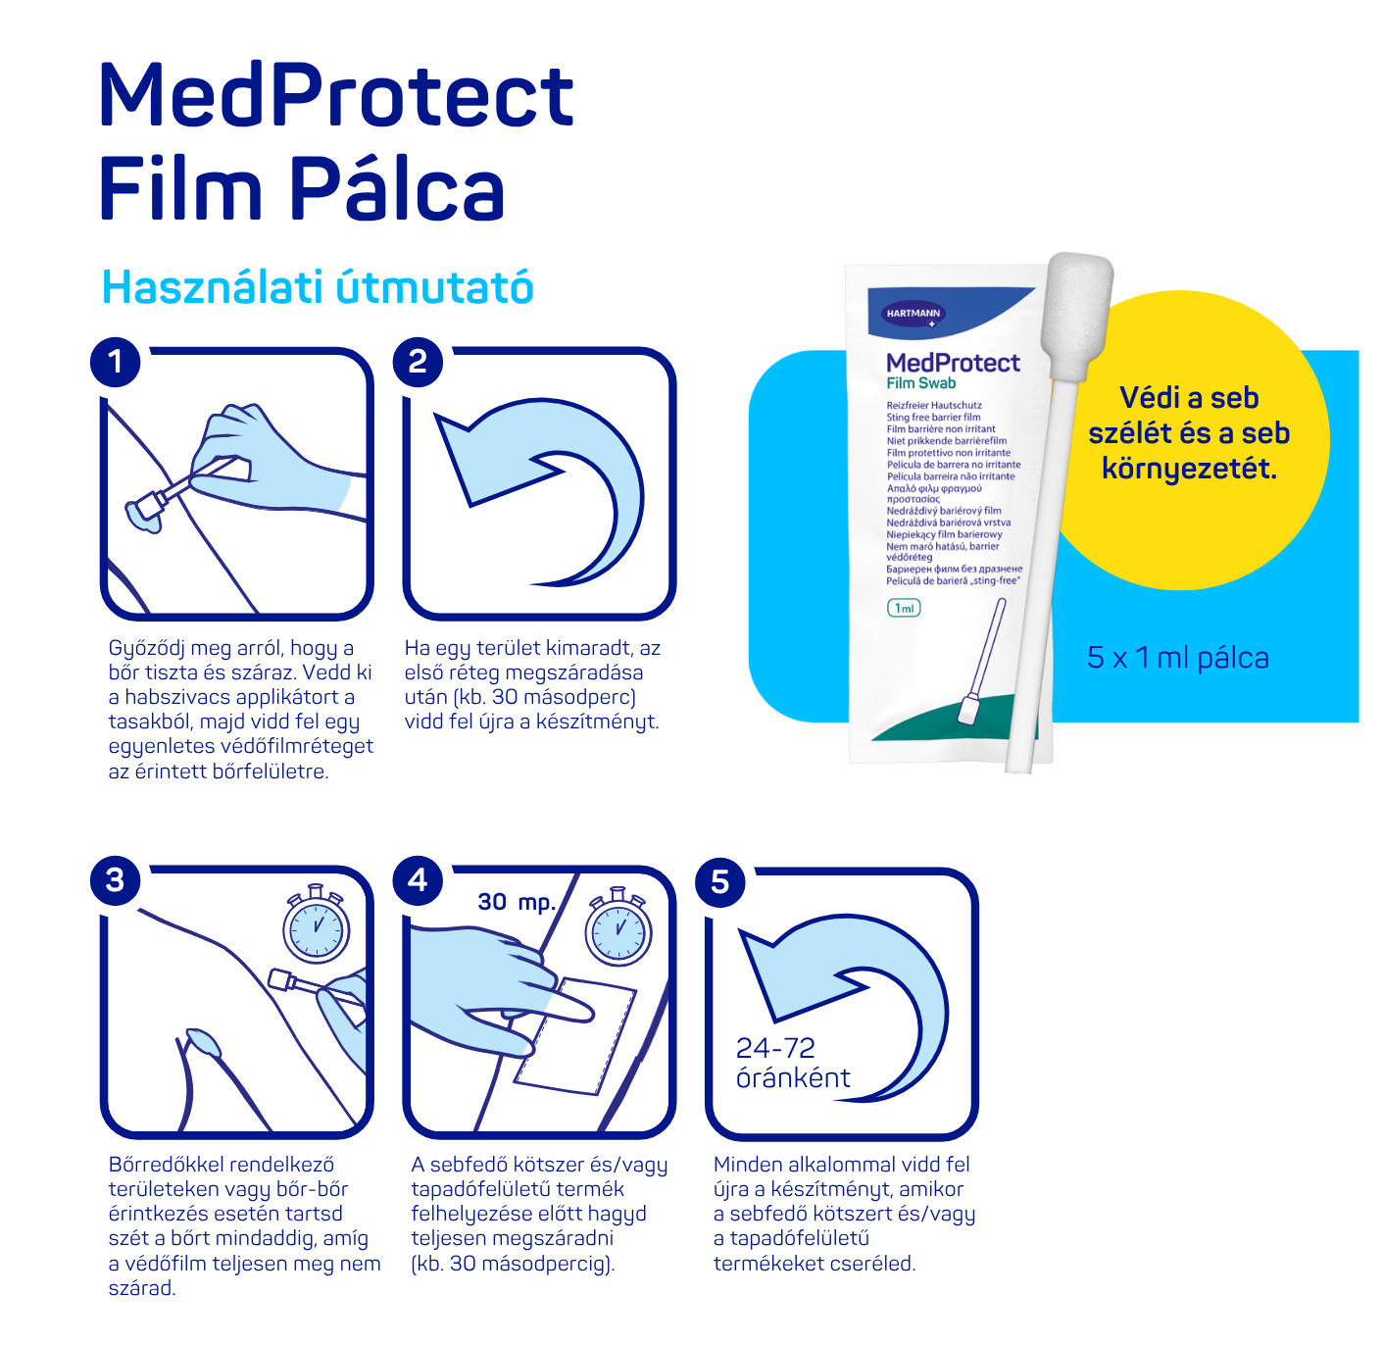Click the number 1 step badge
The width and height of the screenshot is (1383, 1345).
click(115, 363)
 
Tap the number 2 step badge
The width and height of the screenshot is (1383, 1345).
click(418, 363)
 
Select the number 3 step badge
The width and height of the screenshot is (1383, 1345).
click(115, 880)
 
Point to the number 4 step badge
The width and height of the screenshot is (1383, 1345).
click(418, 880)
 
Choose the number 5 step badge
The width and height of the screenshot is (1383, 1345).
click(720, 882)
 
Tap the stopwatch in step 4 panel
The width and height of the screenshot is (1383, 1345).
click(618, 925)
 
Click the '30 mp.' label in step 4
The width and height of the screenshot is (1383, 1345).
click(517, 903)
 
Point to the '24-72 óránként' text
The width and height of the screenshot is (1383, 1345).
click(792, 1063)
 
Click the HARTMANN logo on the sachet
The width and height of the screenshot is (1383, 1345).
click(914, 314)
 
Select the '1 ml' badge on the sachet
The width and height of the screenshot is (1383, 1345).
click(904, 608)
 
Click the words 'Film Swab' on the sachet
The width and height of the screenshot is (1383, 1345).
click(921, 383)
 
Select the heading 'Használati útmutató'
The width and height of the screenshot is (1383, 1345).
click(318, 287)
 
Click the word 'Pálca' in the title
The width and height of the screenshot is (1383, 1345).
click(397, 189)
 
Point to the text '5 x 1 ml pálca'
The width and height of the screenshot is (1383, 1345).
click(1177, 658)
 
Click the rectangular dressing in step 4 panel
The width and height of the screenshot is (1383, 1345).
click(575, 1036)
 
